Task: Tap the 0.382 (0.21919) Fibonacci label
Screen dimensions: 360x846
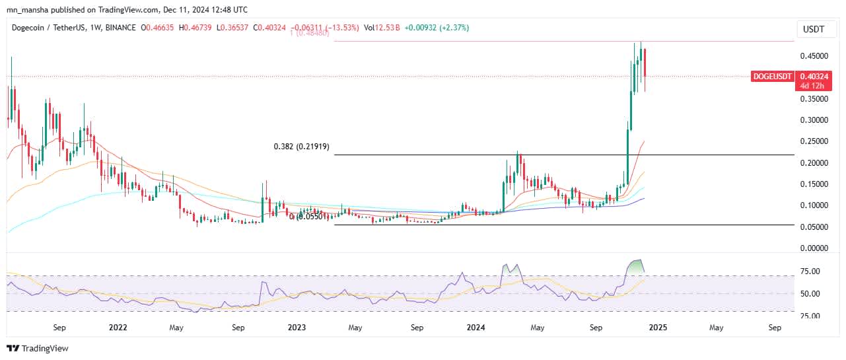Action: [x=302, y=147]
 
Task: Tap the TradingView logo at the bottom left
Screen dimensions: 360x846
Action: [x=38, y=348]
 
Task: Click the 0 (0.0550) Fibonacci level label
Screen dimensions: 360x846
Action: [x=310, y=217]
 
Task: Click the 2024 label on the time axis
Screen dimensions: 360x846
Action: [x=477, y=327]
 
